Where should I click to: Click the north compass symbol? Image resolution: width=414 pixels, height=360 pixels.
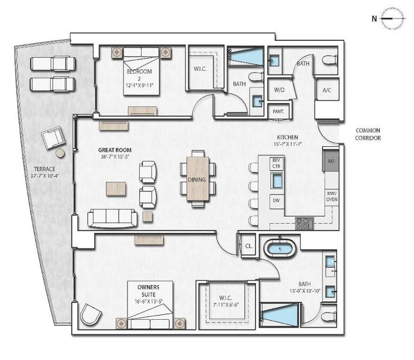coord(392,18)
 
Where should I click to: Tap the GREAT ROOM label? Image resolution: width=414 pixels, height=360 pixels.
coord(115,150)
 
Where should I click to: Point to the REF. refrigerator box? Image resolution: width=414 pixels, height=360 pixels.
coord(331,160)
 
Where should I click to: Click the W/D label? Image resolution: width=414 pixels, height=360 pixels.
coord(279,90)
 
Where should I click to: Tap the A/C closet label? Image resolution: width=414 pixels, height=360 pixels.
coord(327,90)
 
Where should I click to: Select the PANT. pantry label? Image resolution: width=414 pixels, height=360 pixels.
coord(278,112)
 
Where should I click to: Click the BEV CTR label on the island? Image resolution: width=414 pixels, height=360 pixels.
coord(277,163)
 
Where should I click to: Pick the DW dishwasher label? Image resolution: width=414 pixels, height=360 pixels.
coord(277,200)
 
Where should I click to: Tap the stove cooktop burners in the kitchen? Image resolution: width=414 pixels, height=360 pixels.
coord(305,223)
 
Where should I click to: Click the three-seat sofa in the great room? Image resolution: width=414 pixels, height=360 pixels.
coord(112,218)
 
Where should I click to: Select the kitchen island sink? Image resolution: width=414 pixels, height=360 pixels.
coord(277,181)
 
